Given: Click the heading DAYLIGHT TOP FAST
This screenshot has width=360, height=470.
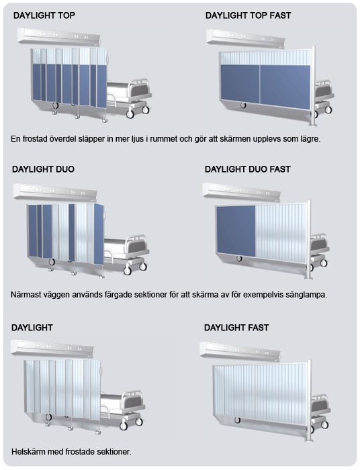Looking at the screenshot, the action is pos(248,15).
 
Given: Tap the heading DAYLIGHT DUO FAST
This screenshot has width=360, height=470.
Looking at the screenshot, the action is pos(248,169).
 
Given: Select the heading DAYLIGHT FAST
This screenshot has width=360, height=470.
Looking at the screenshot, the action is pos(236,328).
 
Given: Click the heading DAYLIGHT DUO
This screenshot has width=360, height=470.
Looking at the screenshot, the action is pos(43,169).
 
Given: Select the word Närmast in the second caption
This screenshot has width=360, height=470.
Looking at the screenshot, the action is pos(25,295).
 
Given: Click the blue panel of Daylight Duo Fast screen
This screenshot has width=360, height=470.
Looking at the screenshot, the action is pos(236,231).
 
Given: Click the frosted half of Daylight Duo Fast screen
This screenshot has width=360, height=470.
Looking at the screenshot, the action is pos(281,233).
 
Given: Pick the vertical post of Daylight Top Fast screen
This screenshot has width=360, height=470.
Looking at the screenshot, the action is pos(314,87).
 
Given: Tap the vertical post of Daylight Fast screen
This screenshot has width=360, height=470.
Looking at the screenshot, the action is pos(310,400).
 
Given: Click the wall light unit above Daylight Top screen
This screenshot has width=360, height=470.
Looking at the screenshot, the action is pos(59,37).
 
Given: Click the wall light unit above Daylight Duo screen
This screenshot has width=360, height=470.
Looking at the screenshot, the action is pos(56,193).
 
